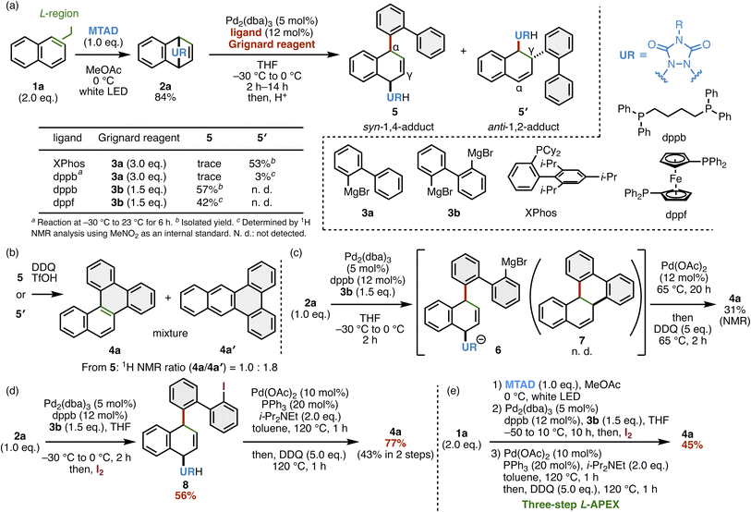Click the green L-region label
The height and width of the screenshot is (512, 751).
pos(59,14)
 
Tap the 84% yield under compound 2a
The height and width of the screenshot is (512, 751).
pos(165,97)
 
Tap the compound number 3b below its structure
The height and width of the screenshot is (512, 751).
pos(454,212)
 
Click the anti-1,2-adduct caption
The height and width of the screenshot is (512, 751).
pos(524,127)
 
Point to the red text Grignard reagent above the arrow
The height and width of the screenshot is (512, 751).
pos(272,44)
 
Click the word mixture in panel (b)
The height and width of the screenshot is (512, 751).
pos(170,333)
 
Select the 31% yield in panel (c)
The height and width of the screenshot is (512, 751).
pos(734,310)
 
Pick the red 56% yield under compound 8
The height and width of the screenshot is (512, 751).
pos(186,495)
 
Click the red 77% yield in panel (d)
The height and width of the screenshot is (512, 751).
pos(395,443)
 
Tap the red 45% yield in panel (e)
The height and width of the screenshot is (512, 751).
pos(692,445)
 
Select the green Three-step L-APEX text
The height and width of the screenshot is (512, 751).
pos(570,505)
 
